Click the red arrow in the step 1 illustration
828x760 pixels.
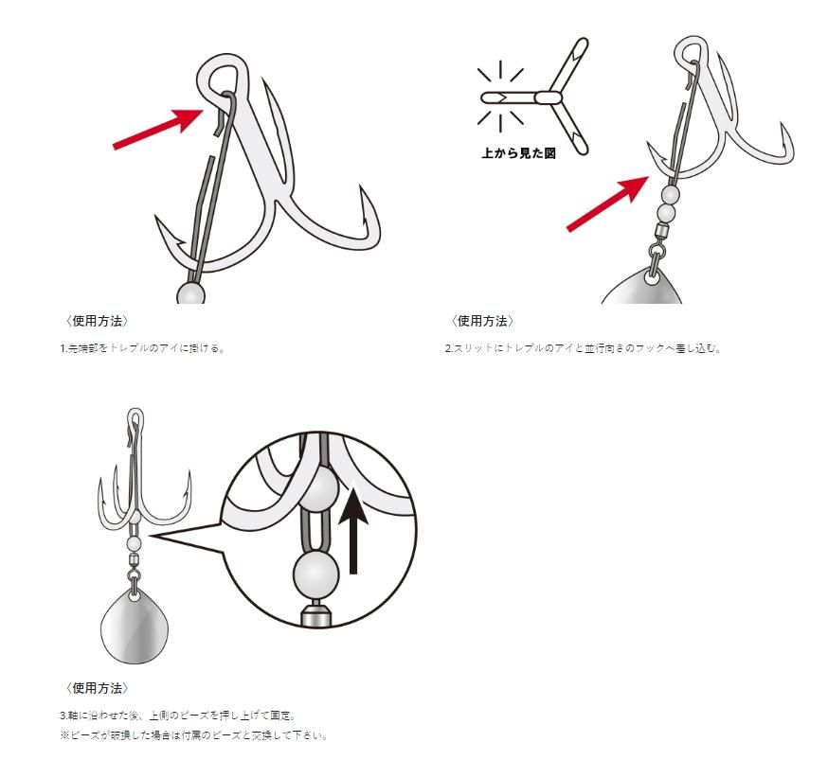point(158,129)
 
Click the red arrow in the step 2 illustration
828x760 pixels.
point(607,203)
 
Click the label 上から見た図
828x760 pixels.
point(518,153)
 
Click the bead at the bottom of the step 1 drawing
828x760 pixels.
point(190,293)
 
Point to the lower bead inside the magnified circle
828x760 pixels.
point(315,574)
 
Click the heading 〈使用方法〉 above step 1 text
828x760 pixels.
point(96,321)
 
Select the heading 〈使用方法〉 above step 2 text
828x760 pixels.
point(481,321)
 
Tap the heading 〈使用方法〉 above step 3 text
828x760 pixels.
point(96,688)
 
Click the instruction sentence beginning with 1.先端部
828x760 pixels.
point(142,348)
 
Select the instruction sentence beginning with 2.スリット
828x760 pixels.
point(583,348)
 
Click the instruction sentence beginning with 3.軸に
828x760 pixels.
point(177,716)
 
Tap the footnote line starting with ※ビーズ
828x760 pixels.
point(193,735)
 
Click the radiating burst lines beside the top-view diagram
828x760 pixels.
point(500,97)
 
